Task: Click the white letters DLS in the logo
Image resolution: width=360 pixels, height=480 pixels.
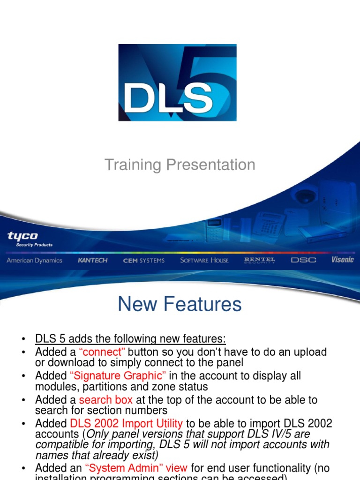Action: [x=169, y=97]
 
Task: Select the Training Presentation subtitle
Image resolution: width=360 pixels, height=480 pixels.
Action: [x=180, y=165]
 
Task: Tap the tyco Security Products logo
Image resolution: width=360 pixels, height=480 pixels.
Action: [x=29, y=239]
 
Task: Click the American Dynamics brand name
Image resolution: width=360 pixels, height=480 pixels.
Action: [x=34, y=260]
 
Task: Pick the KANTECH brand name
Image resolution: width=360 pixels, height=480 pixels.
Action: [x=92, y=260]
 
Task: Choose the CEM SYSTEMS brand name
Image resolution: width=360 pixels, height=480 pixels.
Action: [x=144, y=260]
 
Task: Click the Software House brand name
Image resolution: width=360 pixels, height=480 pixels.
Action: [x=204, y=260]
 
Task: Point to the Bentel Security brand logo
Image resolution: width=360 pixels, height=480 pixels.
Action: [x=260, y=260]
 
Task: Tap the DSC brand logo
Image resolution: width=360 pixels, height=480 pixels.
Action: [x=303, y=260]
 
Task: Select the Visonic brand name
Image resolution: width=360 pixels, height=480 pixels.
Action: [x=342, y=259]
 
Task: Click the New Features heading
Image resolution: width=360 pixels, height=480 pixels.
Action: [x=180, y=305]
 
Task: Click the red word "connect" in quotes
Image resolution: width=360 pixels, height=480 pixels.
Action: [x=103, y=352]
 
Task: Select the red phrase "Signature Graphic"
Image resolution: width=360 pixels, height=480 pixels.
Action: [x=118, y=376]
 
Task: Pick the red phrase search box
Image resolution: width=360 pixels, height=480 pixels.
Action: [x=106, y=400]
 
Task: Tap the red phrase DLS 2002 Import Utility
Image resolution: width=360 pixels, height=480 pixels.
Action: [x=126, y=424]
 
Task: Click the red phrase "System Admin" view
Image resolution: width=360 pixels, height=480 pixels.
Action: [x=136, y=468]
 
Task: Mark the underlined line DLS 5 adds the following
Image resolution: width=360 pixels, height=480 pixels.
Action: [x=130, y=339]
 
